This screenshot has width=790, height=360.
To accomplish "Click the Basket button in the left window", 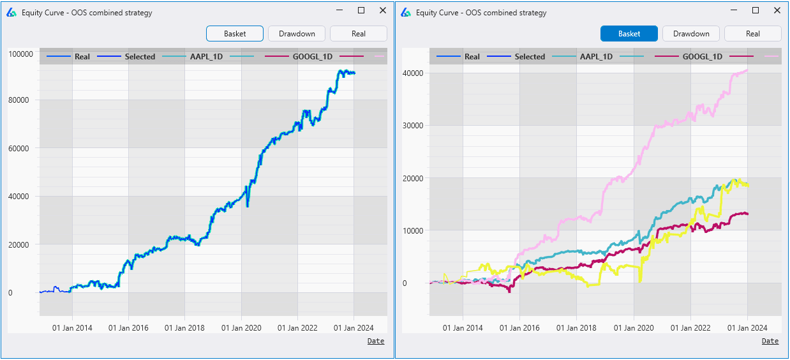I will point(235,34).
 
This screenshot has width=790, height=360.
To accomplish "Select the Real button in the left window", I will point(359,34).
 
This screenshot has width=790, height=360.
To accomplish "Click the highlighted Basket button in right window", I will point(629,34).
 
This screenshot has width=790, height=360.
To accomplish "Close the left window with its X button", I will point(382,10).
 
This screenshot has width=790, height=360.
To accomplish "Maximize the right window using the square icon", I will point(756,10).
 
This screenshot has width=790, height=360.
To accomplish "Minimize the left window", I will point(339,10).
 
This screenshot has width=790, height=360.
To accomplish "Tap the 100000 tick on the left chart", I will point(20,54).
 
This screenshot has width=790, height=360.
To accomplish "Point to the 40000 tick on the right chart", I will point(414,73).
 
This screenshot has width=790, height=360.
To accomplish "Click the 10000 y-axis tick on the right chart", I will point(414,230).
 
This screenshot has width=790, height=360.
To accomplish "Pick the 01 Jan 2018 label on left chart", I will point(184,328).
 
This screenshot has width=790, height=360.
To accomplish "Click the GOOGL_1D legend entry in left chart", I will point(313,57).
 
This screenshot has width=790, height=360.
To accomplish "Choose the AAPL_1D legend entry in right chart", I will point(596,57).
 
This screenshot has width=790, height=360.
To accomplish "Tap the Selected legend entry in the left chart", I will point(140,57).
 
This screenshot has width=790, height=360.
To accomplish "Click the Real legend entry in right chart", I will point(472,57).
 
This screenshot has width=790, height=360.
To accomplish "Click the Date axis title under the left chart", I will point(376,341).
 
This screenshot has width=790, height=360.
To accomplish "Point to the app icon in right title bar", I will point(405,12).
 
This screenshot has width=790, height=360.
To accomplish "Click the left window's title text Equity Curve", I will point(87,12).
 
